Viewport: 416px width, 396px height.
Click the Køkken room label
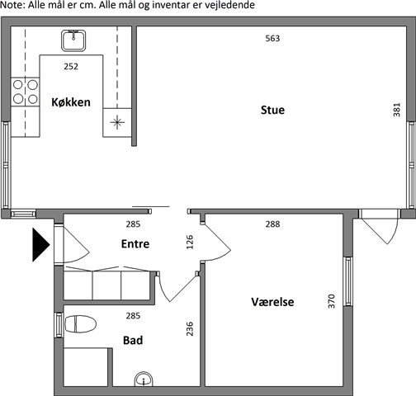pos(71,102)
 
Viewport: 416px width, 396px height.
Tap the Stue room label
pos(272,110)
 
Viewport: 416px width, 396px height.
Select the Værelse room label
pos(272,302)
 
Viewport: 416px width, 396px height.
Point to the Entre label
pos(135,244)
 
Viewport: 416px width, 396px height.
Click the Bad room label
pos(133,341)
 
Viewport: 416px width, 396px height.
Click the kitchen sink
pos(73,40)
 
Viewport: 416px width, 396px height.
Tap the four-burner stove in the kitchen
pos(25,92)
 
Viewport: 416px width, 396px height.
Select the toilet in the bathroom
pos(80,324)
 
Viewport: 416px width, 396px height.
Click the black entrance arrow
pos(41,244)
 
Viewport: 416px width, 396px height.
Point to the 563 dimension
pos(272,39)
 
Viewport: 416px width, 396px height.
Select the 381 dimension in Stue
pos(396,110)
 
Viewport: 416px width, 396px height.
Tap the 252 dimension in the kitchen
pos(71,67)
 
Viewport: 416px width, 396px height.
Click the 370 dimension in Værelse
pos(332,301)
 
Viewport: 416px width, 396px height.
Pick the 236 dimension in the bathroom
pos(190,329)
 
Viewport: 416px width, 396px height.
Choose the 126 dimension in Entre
pos(190,242)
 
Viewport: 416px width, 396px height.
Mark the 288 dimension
pos(272,224)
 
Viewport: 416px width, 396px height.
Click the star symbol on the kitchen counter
pos(117,122)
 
